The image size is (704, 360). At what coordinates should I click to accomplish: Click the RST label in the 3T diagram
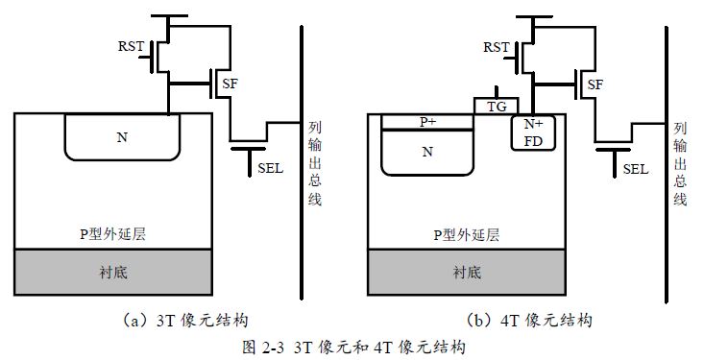[x=131, y=46]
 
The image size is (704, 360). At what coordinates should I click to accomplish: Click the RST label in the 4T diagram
[x=496, y=46]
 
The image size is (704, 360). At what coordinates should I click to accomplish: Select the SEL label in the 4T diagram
[x=636, y=169]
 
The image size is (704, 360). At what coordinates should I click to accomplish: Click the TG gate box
[x=497, y=106]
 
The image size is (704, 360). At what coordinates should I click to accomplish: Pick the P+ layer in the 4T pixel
[x=428, y=122]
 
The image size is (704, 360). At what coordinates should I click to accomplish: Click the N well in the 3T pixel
[x=122, y=137]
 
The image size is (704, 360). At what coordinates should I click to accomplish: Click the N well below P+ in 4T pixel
[x=428, y=152]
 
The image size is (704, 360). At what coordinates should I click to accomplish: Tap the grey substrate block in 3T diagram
[x=113, y=272]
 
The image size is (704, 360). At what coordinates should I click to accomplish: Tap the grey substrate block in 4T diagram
[x=467, y=272]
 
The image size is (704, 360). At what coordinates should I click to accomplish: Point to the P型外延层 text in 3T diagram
[x=113, y=233]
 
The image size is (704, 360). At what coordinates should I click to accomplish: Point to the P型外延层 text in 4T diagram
[x=467, y=233]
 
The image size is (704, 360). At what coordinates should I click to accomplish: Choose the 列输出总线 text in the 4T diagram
[x=680, y=163]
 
